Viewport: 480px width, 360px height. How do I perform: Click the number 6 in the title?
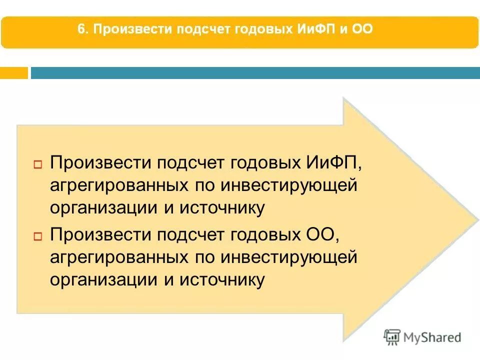tap(80, 29)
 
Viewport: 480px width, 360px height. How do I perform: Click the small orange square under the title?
tap(13, 73)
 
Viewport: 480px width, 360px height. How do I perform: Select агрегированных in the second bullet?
tap(118, 258)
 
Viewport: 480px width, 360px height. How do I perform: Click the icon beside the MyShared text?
tap(392, 337)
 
